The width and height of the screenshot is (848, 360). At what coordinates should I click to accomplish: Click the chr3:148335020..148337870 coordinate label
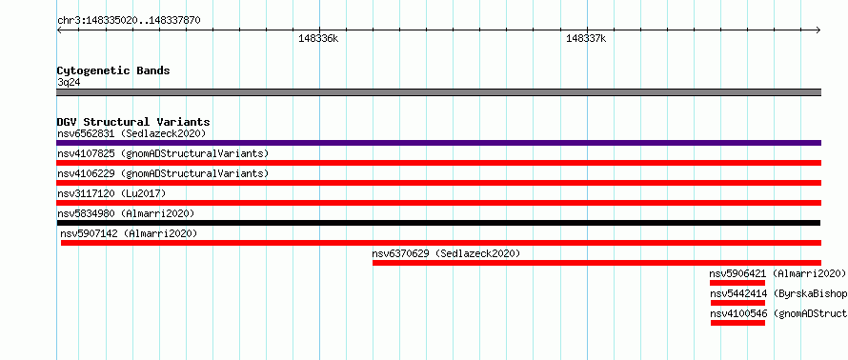tap(129, 21)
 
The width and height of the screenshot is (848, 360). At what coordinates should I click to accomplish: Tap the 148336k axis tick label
tap(318, 39)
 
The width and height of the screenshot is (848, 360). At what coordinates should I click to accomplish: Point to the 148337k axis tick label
tap(586, 39)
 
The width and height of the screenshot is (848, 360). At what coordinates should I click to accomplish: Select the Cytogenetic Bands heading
tap(113, 70)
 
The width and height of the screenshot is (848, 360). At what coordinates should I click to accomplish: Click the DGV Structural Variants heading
tap(133, 122)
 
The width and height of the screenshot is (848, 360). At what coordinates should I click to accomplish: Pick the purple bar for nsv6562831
tap(438, 143)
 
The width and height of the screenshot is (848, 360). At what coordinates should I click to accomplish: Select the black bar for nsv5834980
tap(438, 223)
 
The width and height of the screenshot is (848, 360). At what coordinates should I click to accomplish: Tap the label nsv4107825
tap(86, 153)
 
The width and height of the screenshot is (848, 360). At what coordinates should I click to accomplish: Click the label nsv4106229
tap(86, 173)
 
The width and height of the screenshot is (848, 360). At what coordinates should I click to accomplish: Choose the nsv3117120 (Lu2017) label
tap(111, 193)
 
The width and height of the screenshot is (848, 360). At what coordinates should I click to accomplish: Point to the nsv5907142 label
tap(90, 233)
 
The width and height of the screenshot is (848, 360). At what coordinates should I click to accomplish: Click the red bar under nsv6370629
tap(596, 263)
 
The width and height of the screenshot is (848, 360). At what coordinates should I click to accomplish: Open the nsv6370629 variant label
tap(401, 253)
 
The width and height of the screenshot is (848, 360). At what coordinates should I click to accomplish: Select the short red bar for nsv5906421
tap(737, 283)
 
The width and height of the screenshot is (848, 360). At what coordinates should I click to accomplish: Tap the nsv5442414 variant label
tap(738, 294)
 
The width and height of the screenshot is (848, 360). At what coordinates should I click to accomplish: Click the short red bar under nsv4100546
tap(737, 323)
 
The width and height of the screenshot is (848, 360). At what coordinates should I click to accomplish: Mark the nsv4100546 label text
tap(738, 313)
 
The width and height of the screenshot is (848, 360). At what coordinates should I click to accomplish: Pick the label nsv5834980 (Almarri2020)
tap(126, 213)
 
